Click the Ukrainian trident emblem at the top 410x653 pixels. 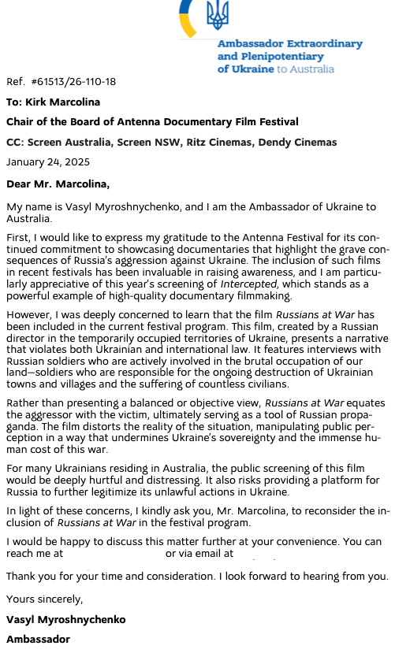click(217, 14)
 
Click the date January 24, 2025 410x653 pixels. click(48, 162)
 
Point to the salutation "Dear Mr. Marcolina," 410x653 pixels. click(58, 185)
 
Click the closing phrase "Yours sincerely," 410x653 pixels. click(44, 599)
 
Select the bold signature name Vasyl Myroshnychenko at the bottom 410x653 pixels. click(65, 620)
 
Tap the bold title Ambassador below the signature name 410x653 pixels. click(38, 639)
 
